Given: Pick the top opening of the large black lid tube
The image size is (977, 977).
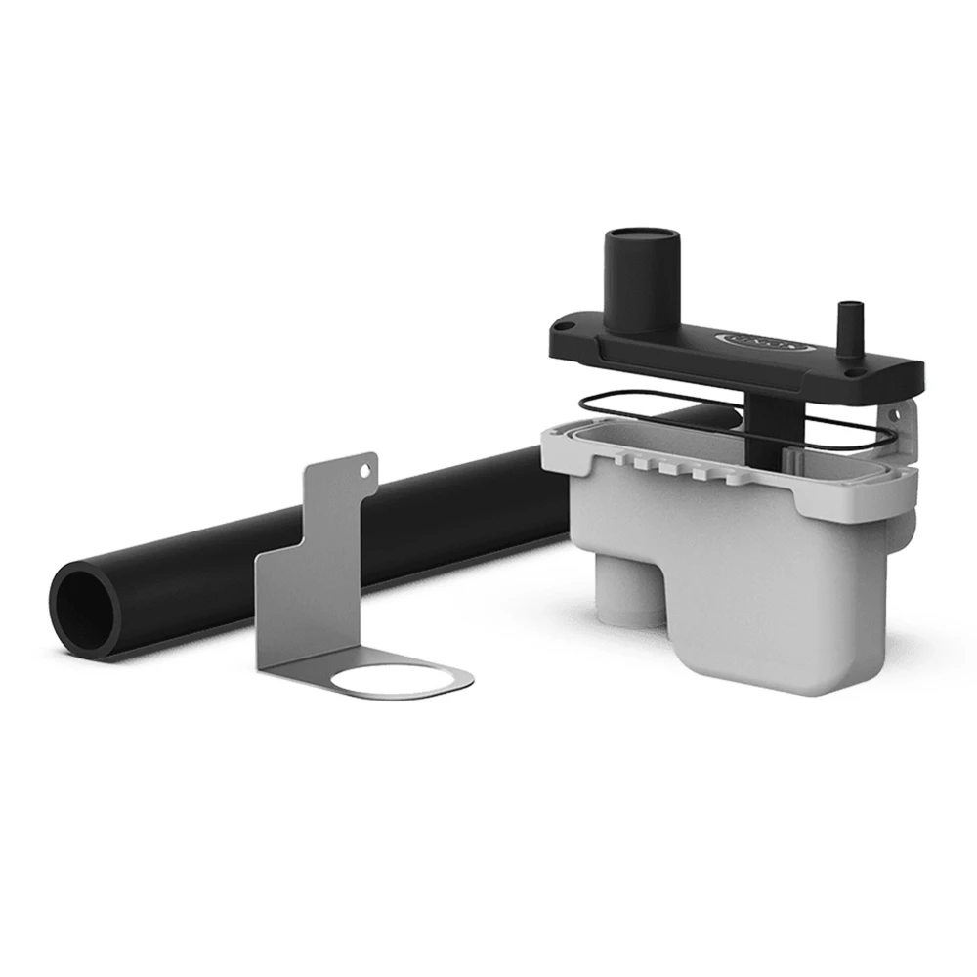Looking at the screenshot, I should [642, 237].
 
